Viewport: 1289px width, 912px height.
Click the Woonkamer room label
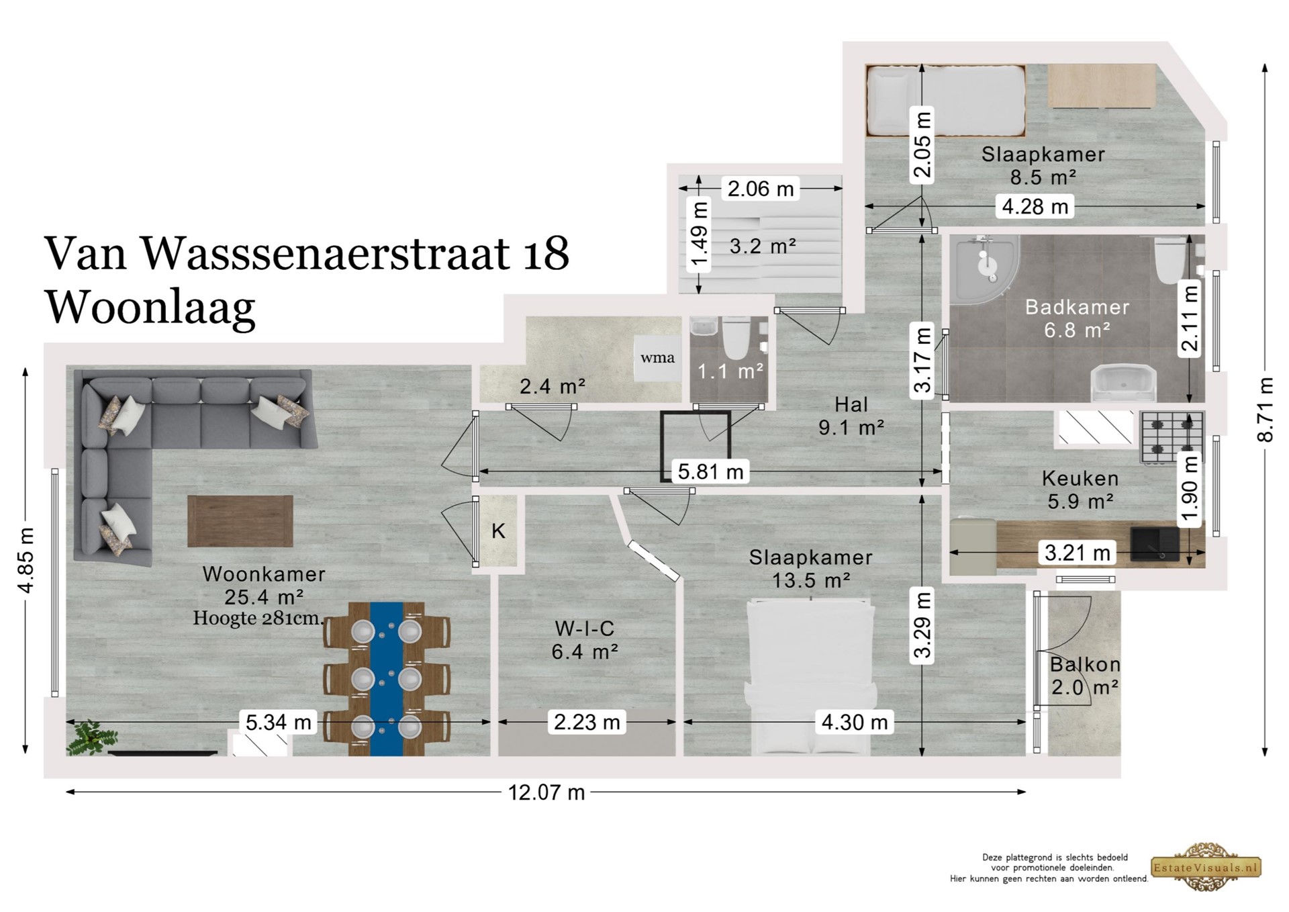pos(264,574)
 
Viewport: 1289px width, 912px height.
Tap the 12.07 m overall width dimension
pos(546,792)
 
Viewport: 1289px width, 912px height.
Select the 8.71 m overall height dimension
pos(1265,410)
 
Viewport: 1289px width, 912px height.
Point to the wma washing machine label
pos(657,358)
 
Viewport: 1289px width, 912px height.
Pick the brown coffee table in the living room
pos(240,521)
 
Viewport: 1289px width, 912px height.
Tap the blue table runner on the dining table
pos(387,678)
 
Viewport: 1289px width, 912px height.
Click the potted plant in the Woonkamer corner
pos(92,739)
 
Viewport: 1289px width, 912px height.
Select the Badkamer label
pos(1077,308)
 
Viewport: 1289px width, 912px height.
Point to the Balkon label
pos(1085,665)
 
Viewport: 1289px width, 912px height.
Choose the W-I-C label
pos(584,629)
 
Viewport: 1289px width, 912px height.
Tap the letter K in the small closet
pos(498,531)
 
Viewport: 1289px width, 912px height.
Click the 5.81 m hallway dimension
pos(710,471)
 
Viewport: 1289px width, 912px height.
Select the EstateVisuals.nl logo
pos(1206,867)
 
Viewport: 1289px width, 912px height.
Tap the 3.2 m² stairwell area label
pos(763,246)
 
